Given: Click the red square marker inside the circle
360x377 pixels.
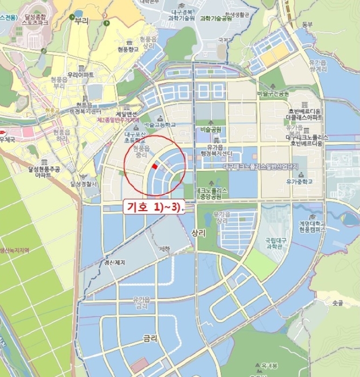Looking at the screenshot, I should [155, 166].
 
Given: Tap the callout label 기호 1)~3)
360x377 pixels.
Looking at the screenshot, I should [154, 207].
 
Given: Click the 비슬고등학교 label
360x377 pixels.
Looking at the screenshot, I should [161, 124].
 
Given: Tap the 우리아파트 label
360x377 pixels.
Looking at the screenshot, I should [81, 74].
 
